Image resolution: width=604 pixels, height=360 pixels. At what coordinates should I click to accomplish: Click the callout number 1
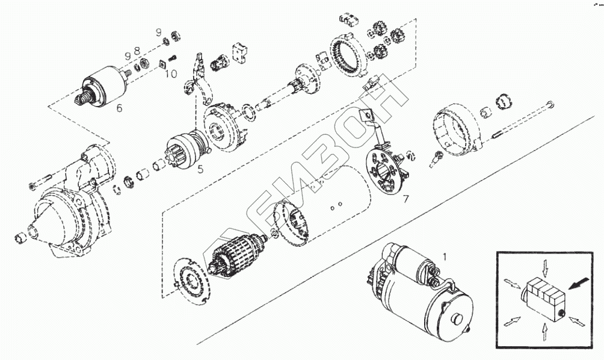point(445,256)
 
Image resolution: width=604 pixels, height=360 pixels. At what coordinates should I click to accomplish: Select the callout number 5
point(200,169)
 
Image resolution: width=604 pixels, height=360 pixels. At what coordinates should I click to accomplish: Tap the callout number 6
point(119,108)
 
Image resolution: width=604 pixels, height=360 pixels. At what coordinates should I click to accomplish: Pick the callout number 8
point(137,51)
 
